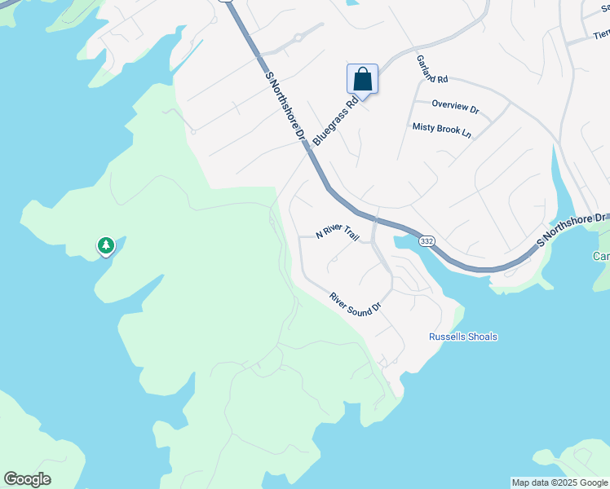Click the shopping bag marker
(362, 80)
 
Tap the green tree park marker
(105, 245)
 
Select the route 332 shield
(427, 241)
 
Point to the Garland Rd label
(432, 70)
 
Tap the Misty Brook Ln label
(442, 128)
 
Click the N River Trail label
(338, 233)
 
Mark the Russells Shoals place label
(463, 337)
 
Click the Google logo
(28, 479)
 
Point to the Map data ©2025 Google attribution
(559, 482)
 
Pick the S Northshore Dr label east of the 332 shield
(572, 231)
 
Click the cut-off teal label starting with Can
(601, 256)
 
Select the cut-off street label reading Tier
(601, 34)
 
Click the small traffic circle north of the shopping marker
(298, 37)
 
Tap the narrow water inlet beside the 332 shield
(408, 241)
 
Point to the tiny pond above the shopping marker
(351, 2)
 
